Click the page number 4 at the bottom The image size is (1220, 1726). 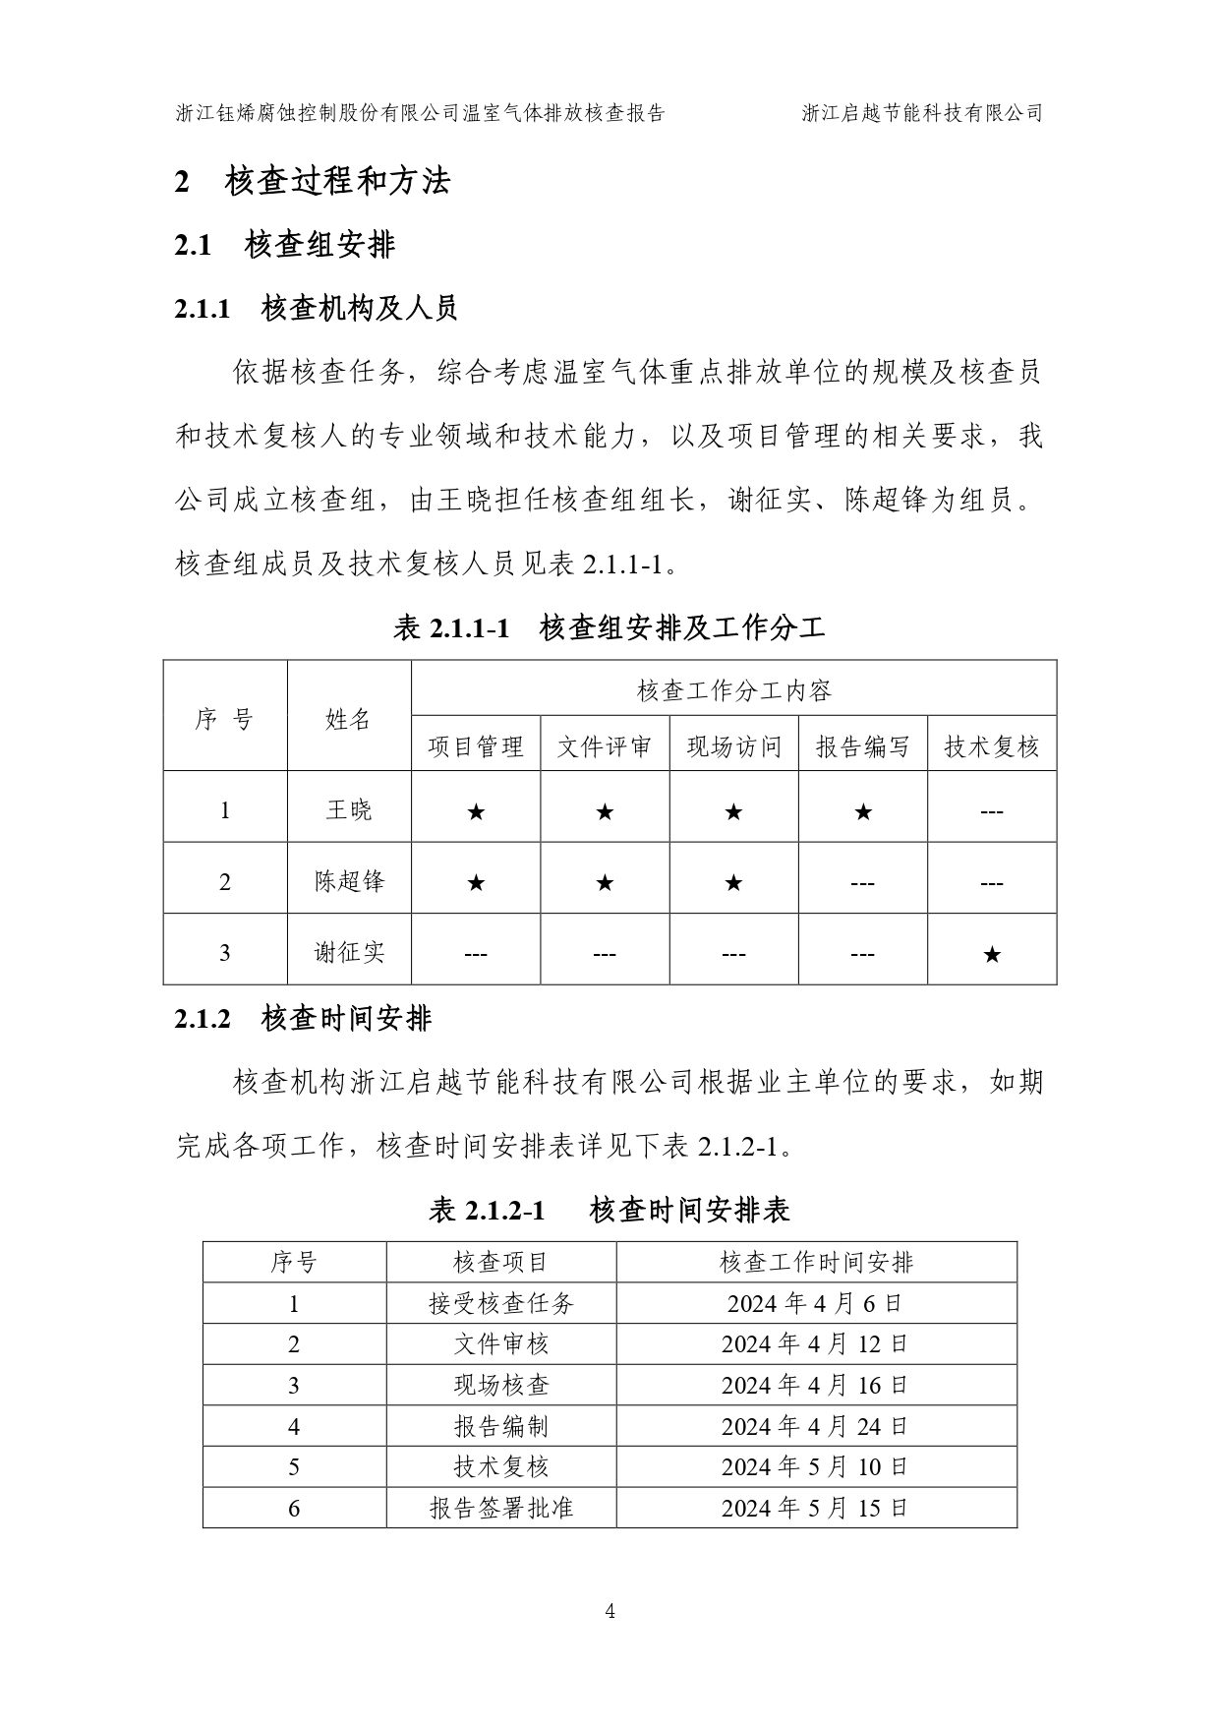pyautogui.click(x=610, y=1611)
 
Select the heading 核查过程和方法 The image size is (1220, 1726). pyautogui.click(x=337, y=181)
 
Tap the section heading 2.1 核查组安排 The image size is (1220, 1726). pyautogui.click(x=285, y=245)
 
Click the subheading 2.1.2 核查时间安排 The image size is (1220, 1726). pyautogui.click(x=303, y=1019)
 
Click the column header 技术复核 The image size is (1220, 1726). pyautogui.click(x=991, y=747)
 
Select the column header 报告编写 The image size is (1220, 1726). pyautogui.click(x=862, y=747)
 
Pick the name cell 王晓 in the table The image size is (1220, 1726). pyautogui.click(x=349, y=810)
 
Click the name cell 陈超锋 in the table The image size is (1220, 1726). pyautogui.click(x=349, y=881)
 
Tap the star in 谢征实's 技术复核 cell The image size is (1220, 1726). pyautogui.click(x=992, y=954)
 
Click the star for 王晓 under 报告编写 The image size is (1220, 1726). pyautogui.click(x=862, y=812)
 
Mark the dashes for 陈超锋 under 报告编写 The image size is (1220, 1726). pyautogui.click(x=862, y=883)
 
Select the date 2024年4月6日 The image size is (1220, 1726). pyautogui.click(x=815, y=1304)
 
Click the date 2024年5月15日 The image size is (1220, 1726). pyautogui.click(x=815, y=1508)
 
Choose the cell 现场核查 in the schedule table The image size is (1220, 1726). pyautogui.click(x=500, y=1386)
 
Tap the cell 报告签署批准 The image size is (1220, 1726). pyautogui.click(x=500, y=1508)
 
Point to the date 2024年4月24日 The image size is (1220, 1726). pyautogui.click(x=815, y=1426)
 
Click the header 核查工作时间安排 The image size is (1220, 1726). pyautogui.click(x=816, y=1263)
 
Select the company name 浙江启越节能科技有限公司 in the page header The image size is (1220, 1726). pyautogui.click(x=921, y=113)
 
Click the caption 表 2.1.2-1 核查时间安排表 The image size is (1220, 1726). pyautogui.click(x=610, y=1210)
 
